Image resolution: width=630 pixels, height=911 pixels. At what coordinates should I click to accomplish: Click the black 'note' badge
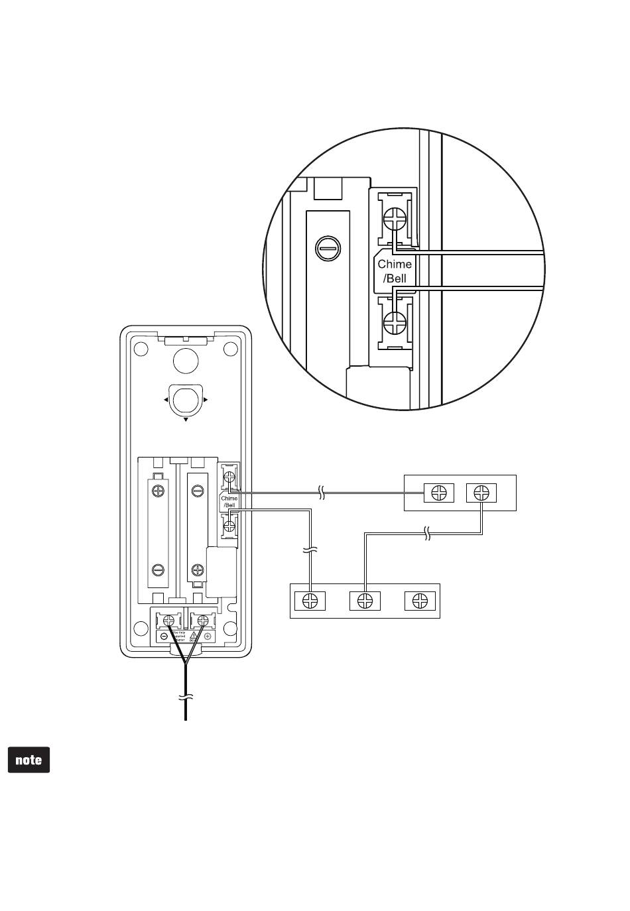pos(29,760)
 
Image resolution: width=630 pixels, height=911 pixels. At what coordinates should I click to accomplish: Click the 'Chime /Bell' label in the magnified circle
pos(395,271)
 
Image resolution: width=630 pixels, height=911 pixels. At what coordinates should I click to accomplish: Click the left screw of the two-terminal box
pos(439,493)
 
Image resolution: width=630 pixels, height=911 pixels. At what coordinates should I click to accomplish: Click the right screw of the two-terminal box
pos(481,493)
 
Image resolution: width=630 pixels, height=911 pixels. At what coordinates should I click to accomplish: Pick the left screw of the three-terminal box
pos(310,601)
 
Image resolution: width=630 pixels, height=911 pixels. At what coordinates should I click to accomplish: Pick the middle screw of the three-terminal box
pos(365,601)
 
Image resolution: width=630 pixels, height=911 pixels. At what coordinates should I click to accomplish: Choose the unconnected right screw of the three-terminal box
pos(420,601)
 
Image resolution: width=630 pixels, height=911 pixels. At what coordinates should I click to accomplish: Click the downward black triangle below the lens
pos(186,420)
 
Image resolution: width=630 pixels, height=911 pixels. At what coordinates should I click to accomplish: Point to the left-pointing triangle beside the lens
pos(165,400)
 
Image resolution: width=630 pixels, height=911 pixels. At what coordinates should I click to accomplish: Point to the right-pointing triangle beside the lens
pos(206,400)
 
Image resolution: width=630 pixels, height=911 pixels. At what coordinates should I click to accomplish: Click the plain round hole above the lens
pos(186,360)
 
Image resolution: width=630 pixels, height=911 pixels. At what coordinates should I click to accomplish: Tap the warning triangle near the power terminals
pos(193,635)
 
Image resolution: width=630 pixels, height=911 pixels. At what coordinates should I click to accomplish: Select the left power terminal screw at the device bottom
pos(168,621)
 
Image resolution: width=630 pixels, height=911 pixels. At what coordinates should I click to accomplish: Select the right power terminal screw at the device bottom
pos(202,621)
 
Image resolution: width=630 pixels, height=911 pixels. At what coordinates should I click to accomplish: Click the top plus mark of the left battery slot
pos(158,491)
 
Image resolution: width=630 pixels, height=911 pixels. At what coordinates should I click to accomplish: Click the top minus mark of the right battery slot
pos(197,491)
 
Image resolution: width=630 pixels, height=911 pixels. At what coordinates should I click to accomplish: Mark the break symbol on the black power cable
pos(186,698)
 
